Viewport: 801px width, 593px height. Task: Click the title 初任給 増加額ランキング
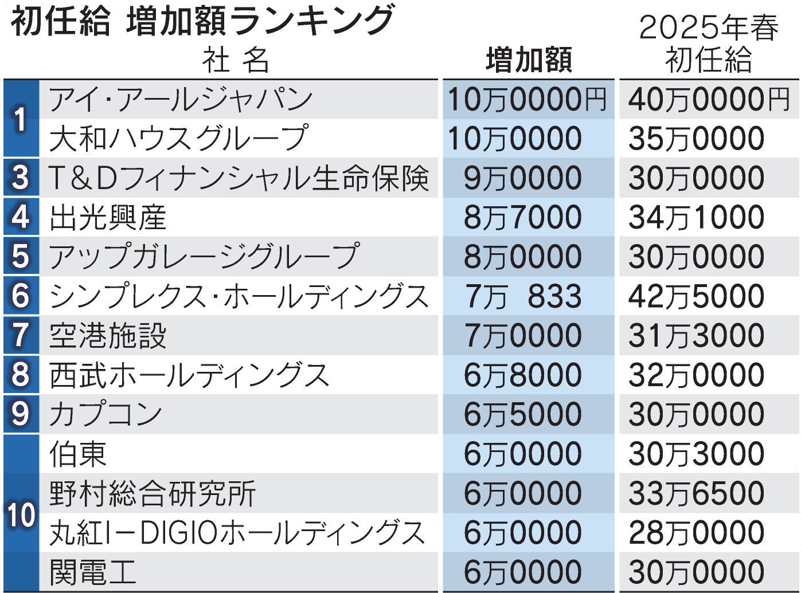point(202,21)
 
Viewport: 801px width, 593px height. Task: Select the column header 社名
point(235,60)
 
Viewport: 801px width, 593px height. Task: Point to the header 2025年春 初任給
point(709,44)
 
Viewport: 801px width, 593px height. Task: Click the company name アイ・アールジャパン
point(181,100)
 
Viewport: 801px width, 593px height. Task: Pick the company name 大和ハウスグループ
point(178,139)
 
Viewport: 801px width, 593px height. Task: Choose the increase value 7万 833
point(522,296)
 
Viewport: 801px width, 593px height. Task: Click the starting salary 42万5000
point(696,296)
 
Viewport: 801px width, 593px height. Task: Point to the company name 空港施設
point(108,336)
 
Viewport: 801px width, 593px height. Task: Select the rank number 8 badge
point(21,375)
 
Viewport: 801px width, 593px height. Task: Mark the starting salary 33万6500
point(696,493)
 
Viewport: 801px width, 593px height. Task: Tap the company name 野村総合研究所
point(153,493)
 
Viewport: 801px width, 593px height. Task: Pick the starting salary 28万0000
point(696,533)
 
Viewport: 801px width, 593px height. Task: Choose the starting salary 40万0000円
point(709,100)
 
